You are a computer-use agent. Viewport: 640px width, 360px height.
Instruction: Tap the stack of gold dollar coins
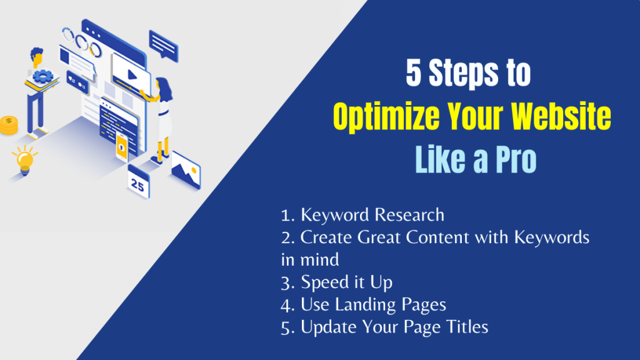[9, 126]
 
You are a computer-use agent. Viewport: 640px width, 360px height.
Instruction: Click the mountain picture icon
[186, 167]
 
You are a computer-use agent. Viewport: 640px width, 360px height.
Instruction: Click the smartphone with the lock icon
[122, 146]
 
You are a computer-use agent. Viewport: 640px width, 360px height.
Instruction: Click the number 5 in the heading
[413, 74]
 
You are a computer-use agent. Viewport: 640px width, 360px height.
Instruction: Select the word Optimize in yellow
[381, 117]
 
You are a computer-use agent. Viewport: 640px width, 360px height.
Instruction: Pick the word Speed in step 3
[324, 282]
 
